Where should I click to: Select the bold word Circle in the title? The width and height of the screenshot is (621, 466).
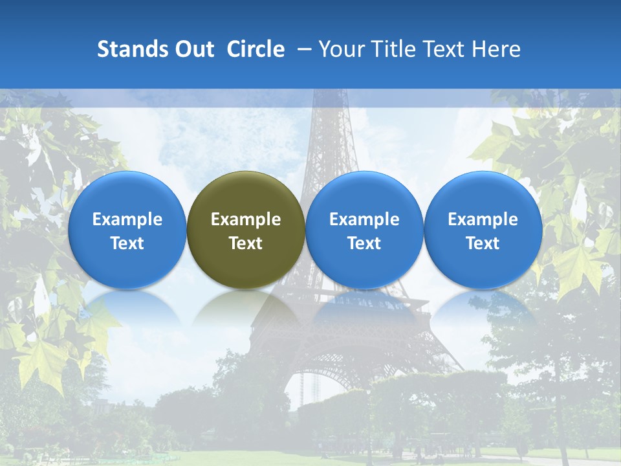click(x=256, y=49)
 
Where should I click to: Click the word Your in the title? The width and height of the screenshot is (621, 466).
click(x=340, y=49)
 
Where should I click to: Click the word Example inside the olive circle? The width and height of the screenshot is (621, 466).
click(x=246, y=219)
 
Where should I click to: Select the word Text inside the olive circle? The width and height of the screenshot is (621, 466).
click(x=246, y=243)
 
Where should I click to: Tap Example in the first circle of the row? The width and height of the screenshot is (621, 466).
click(x=127, y=219)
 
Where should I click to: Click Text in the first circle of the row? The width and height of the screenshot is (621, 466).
click(x=127, y=243)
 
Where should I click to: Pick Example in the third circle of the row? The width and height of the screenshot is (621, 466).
click(x=364, y=219)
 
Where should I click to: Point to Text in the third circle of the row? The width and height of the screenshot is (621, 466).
click(x=364, y=243)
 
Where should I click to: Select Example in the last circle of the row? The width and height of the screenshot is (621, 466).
click(x=483, y=219)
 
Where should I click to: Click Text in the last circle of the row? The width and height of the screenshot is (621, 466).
click(x=483, y=243)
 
